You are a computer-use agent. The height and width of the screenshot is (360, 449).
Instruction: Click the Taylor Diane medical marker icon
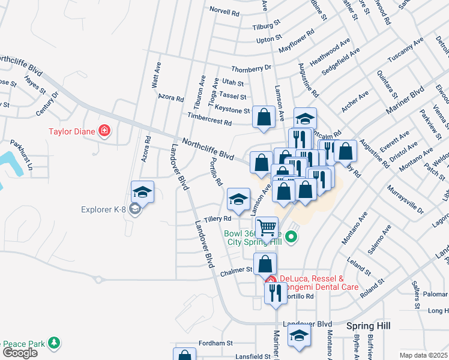click(105, 130)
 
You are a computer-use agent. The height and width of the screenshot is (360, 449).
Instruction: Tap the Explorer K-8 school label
click(106, 209)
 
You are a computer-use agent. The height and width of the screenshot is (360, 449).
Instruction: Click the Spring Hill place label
click(369, 325)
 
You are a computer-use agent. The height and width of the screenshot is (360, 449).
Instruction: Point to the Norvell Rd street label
click(224, 10)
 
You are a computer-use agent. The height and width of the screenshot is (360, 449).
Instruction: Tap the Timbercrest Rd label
click(209, 122)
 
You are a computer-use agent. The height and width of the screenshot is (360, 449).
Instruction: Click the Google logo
click(20, 352)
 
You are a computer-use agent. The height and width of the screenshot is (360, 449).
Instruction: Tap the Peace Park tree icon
click(55, 342)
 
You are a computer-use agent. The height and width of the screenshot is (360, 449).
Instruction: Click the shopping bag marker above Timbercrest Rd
click(264, 118)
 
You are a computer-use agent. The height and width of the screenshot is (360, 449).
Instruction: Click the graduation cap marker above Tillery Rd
click(238, 199)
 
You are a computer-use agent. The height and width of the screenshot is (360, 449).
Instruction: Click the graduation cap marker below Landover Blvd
click(299, 337)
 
